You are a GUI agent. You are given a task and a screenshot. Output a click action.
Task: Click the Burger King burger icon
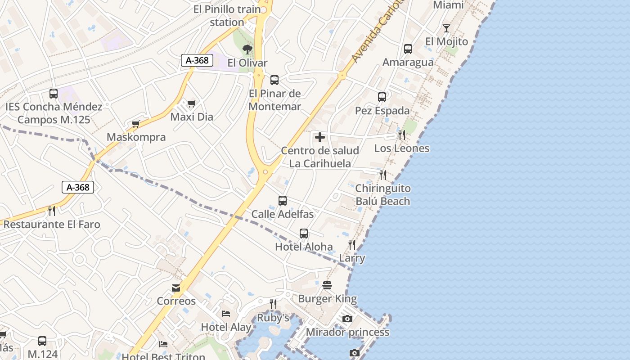point(327,285)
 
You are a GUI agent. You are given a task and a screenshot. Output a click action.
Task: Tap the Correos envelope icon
point(176,288)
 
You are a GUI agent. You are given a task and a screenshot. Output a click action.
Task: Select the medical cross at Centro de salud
point(320,137)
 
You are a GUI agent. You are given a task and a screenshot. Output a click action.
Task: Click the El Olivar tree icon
point(247,49)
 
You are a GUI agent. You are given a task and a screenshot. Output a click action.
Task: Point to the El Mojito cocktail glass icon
point(446,28)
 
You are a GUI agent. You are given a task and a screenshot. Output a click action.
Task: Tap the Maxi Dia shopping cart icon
point(192,104)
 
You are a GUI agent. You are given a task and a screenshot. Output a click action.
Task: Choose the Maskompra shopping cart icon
point(136,124)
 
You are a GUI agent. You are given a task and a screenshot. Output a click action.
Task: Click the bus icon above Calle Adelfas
point(283,201)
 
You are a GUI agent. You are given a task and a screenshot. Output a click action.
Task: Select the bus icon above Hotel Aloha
point(304,234)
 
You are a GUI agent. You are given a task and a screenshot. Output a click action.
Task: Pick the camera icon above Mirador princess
point(347,319)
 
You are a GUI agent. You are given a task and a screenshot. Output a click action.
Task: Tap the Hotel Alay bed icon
point(226,313)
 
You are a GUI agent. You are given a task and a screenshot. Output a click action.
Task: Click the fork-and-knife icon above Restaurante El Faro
point(52,211)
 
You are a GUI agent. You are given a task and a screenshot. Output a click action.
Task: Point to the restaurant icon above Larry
point(352,245)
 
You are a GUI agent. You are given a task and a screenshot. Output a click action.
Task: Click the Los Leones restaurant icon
point(402,135)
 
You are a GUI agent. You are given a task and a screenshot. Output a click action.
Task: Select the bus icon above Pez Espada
point(382,97)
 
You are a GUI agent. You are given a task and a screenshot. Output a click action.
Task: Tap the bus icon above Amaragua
point(408,49)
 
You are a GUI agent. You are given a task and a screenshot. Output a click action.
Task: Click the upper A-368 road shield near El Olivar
point(197,60)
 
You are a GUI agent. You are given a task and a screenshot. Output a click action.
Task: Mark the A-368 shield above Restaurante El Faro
point(78,187)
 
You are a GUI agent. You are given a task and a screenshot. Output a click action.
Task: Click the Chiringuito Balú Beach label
point(383,195)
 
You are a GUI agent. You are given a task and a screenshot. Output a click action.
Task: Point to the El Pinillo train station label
point(227,15)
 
